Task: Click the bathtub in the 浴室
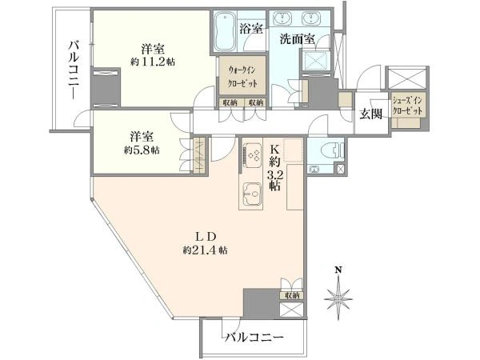[224, 31]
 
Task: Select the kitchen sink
[252, 194]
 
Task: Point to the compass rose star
[338, 298]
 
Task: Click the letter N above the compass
[338, 270]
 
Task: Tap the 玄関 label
[371, 114]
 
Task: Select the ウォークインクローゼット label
[242, 77]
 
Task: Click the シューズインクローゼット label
[407, 106]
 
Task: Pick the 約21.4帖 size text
[205, 250]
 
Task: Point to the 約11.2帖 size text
[153, 62]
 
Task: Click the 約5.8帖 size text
[142, 150]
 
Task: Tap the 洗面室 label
[298, 39]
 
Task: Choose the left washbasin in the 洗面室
[283, 18]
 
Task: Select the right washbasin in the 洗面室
[312, 18]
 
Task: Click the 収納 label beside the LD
[292, 295]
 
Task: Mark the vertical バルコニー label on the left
[74, 70]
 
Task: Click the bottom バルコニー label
[254, 338]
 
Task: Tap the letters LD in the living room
[206, 237]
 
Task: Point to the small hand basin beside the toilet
[314, 169]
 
